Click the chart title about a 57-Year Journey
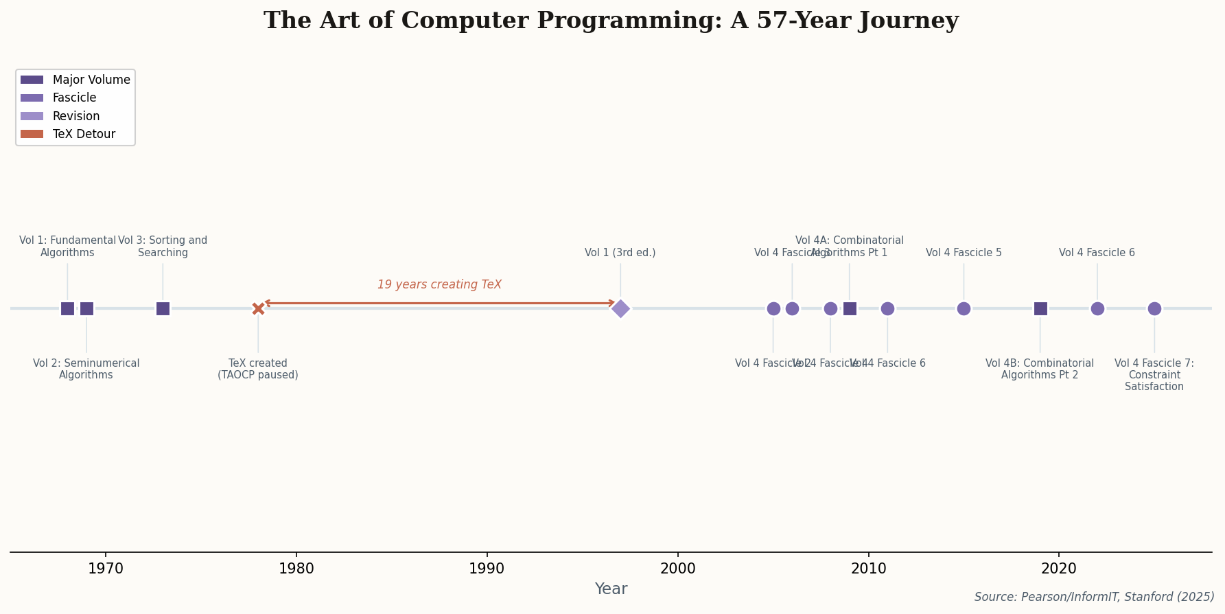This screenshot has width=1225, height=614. click(611, 21)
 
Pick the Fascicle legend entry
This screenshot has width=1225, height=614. click(75, 98)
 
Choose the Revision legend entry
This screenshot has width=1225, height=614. click(75, 116)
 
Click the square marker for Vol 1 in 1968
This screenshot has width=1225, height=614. click(67, 308)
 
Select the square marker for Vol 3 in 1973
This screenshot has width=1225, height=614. click(163, 308)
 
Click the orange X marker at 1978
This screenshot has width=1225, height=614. click(258, 308)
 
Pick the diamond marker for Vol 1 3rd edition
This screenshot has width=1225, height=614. click(620, 308)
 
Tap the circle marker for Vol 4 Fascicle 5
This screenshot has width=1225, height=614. click(964, 308)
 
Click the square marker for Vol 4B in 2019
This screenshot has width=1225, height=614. click(1040, 308)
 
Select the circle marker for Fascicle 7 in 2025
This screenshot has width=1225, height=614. click(1154, 308)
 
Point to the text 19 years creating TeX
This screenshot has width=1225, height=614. click(439, 284)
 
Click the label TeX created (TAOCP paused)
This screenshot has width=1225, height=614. click(258, 369)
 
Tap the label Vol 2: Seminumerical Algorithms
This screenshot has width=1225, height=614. click(86, 369)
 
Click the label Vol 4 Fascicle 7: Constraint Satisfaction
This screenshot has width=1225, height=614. click(1154, 374)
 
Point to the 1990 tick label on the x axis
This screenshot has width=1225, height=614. click(487, 569)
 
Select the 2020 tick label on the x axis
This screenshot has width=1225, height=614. click(1059, 569)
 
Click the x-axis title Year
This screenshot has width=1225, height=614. click(611, 589)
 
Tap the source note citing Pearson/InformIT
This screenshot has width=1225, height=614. click(1094, 597)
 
